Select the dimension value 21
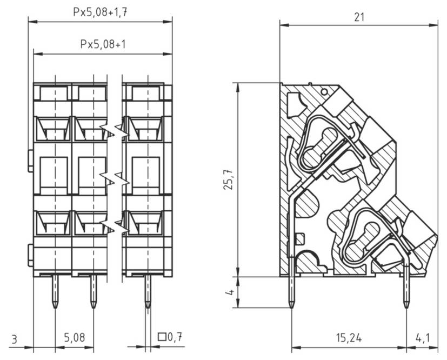(x=358, y=17)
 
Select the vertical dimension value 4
(x=230, y=292)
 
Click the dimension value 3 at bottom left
(x=15, y=339)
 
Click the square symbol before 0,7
(x=161, y=337)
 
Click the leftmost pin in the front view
(x=55, y=292)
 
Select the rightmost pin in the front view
(x=148, y=292)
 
